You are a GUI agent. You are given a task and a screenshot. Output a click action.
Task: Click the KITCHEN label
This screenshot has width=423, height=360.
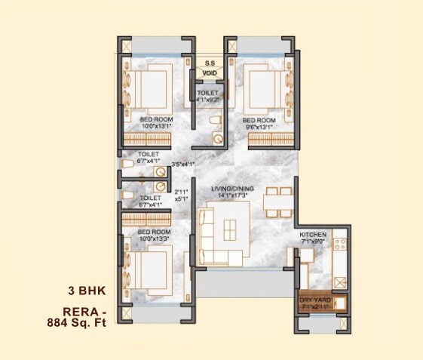(313, 235)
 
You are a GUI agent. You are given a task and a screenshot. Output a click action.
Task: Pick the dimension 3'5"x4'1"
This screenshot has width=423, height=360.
(183, 165)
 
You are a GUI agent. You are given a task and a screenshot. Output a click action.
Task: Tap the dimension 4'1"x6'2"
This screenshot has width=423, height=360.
(208, 99)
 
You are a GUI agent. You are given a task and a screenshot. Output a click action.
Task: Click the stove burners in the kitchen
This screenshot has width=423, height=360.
(339, 245)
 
